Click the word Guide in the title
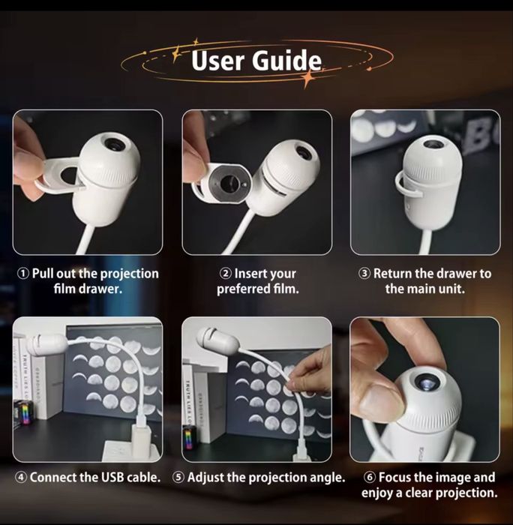[x=286, y=60]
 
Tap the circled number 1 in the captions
[x=23, y=274]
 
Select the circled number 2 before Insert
[x=226, y=274]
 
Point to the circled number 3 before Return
[x=364, y=274]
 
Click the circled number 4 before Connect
[x=21, y=478]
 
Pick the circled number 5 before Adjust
[x=178, y=478]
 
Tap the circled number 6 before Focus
[x=369, y=478]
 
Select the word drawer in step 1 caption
[x=100, y=289]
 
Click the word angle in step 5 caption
[x=327, y=478]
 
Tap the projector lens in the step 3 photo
[x=433, y=145]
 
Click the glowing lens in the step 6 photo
[x=425, y=381]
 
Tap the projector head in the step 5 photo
[x=217, y=341]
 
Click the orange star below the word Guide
[x=307, y=78]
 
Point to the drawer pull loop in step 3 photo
[x=406, y=187]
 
